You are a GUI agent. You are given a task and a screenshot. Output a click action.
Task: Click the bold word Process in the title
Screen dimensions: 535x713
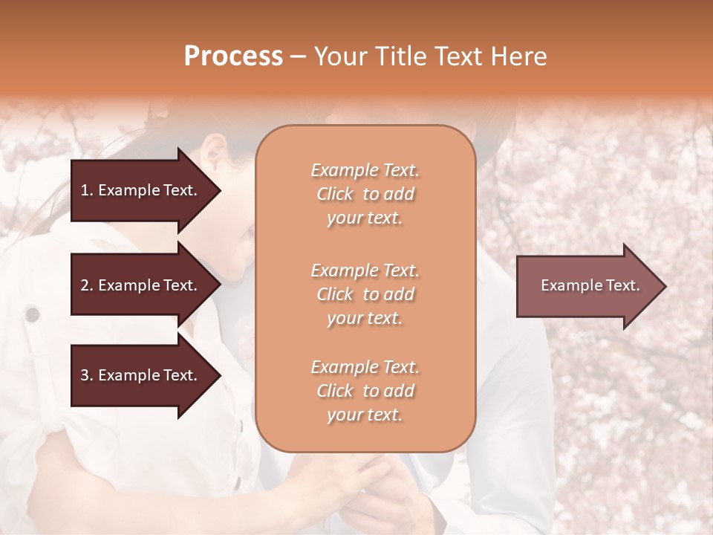click(x=233, y=56)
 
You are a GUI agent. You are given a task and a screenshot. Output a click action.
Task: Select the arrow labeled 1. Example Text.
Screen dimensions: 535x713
click(x=141, y=190)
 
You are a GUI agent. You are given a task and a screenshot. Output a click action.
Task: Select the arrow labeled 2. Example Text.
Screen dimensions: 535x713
click(x=141, y=285)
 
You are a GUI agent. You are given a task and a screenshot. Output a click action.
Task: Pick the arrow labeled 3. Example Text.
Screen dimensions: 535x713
click(x=141, y=375)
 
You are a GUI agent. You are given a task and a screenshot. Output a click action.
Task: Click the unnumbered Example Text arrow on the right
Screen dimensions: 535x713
click(x=587, y=286)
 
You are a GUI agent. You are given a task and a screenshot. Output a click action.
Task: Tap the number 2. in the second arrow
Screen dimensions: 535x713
click(x=87, y=285)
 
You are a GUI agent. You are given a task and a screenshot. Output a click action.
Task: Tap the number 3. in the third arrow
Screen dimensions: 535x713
click(x=87, y=375)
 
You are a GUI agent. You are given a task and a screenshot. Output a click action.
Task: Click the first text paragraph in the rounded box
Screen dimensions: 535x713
click(x=365, y=194)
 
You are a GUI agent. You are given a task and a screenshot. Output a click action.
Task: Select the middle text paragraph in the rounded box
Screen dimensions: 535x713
click(x=365, y=294)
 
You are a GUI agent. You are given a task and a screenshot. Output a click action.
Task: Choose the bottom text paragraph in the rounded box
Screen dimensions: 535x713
click(x=365, y=391)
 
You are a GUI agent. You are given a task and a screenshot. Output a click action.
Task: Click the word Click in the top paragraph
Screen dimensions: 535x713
click(x=335, y=194)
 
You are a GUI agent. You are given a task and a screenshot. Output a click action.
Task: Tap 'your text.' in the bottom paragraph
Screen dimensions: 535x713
click(x=365, y=415)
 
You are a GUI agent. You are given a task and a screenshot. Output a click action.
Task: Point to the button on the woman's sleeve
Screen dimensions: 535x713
click(x=32, y=314)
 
